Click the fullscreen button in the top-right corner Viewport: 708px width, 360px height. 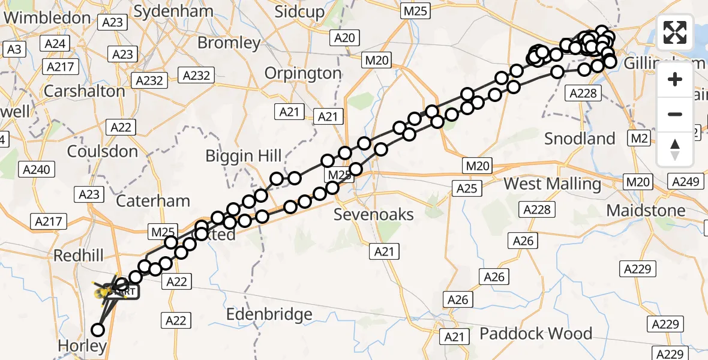click(675, 32)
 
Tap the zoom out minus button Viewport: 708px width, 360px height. click(675, 114)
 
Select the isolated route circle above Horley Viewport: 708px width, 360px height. click(97, 329)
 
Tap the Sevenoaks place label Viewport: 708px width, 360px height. click(374, 214)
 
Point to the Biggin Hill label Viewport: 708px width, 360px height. click(244, 157)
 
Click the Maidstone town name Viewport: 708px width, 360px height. click(646, 211)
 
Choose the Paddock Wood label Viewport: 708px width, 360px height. click(535, 333)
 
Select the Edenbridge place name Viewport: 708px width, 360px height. click(269, 314)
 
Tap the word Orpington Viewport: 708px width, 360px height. click(303, 73)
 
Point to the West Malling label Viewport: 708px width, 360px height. click(553, 184)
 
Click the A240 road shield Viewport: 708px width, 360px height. click(35, 170)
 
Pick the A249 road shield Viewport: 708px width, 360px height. click(685, 181)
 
